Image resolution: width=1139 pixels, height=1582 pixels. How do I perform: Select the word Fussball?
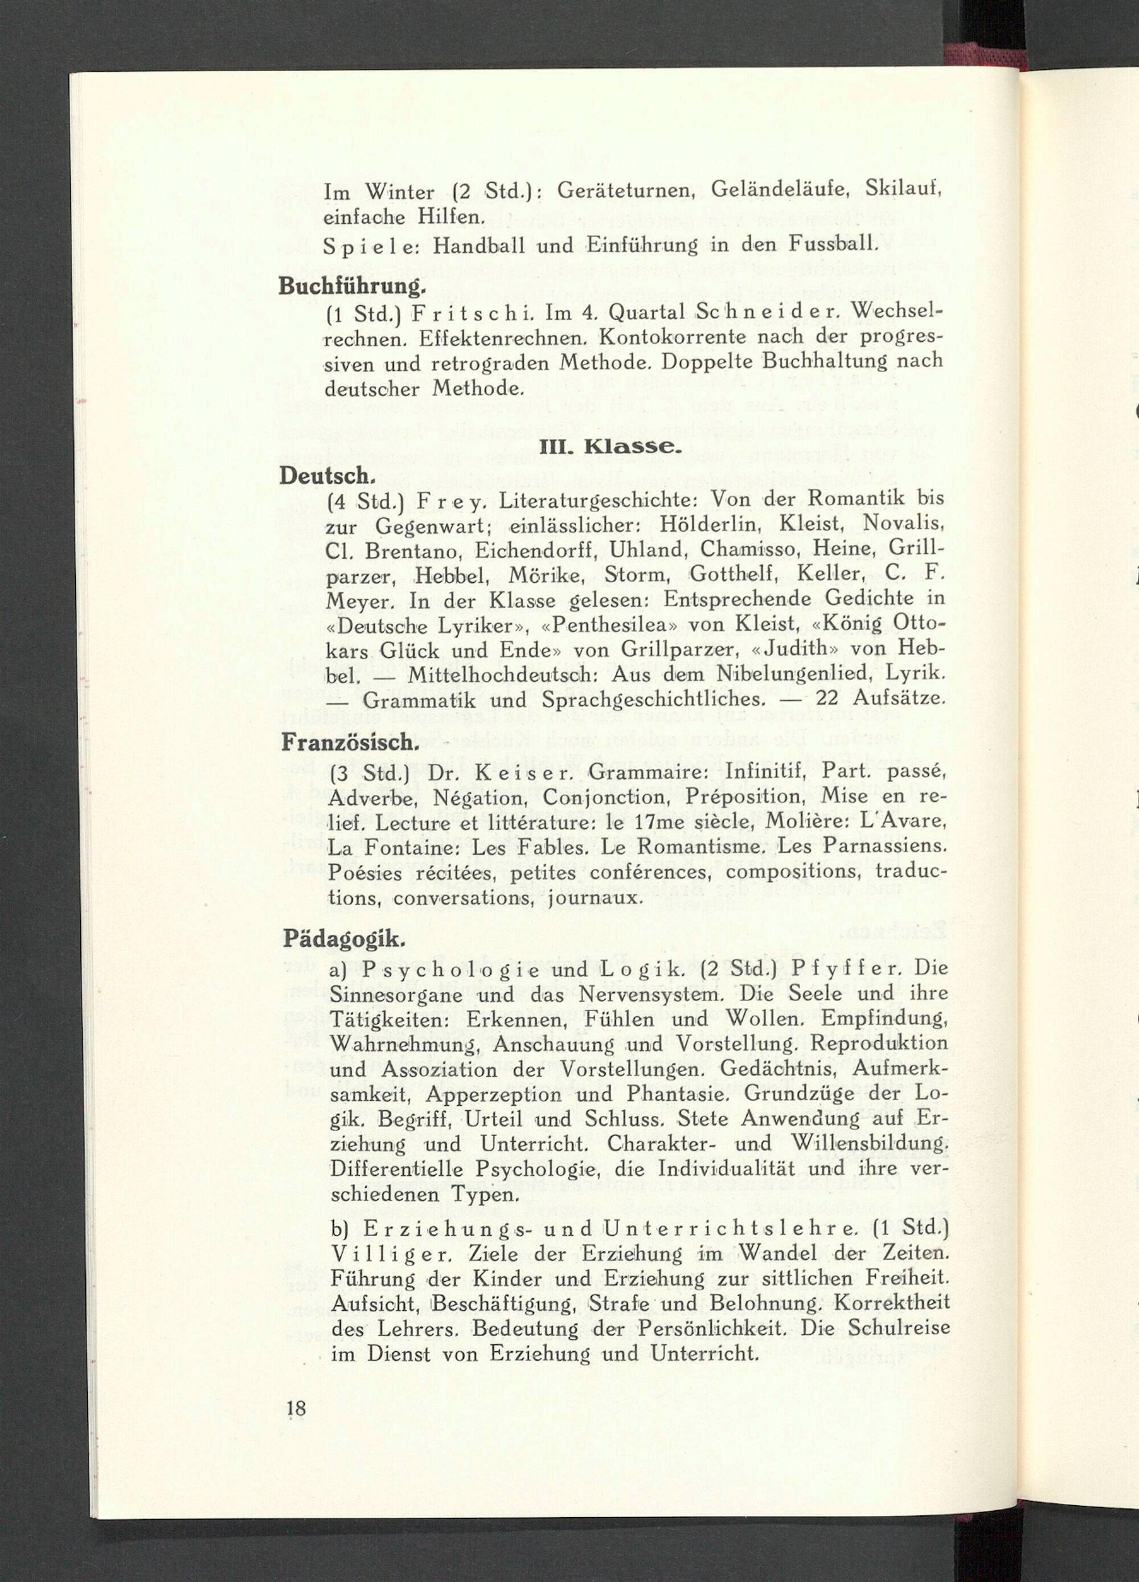(832, 246)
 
